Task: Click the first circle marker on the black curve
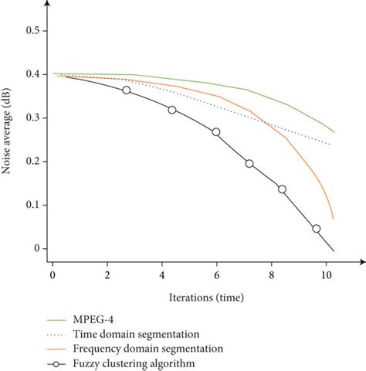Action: click(x=127, y=90)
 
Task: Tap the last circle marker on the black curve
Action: click(x=316, y=229)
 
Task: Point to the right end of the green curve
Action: click(x=334, y=132)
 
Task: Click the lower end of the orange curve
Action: click(x=333, y=219)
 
